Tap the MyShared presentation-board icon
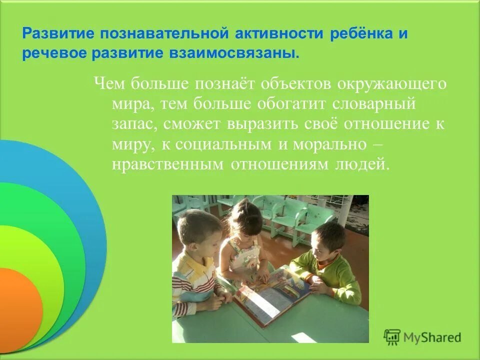click(x=392, y=337)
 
